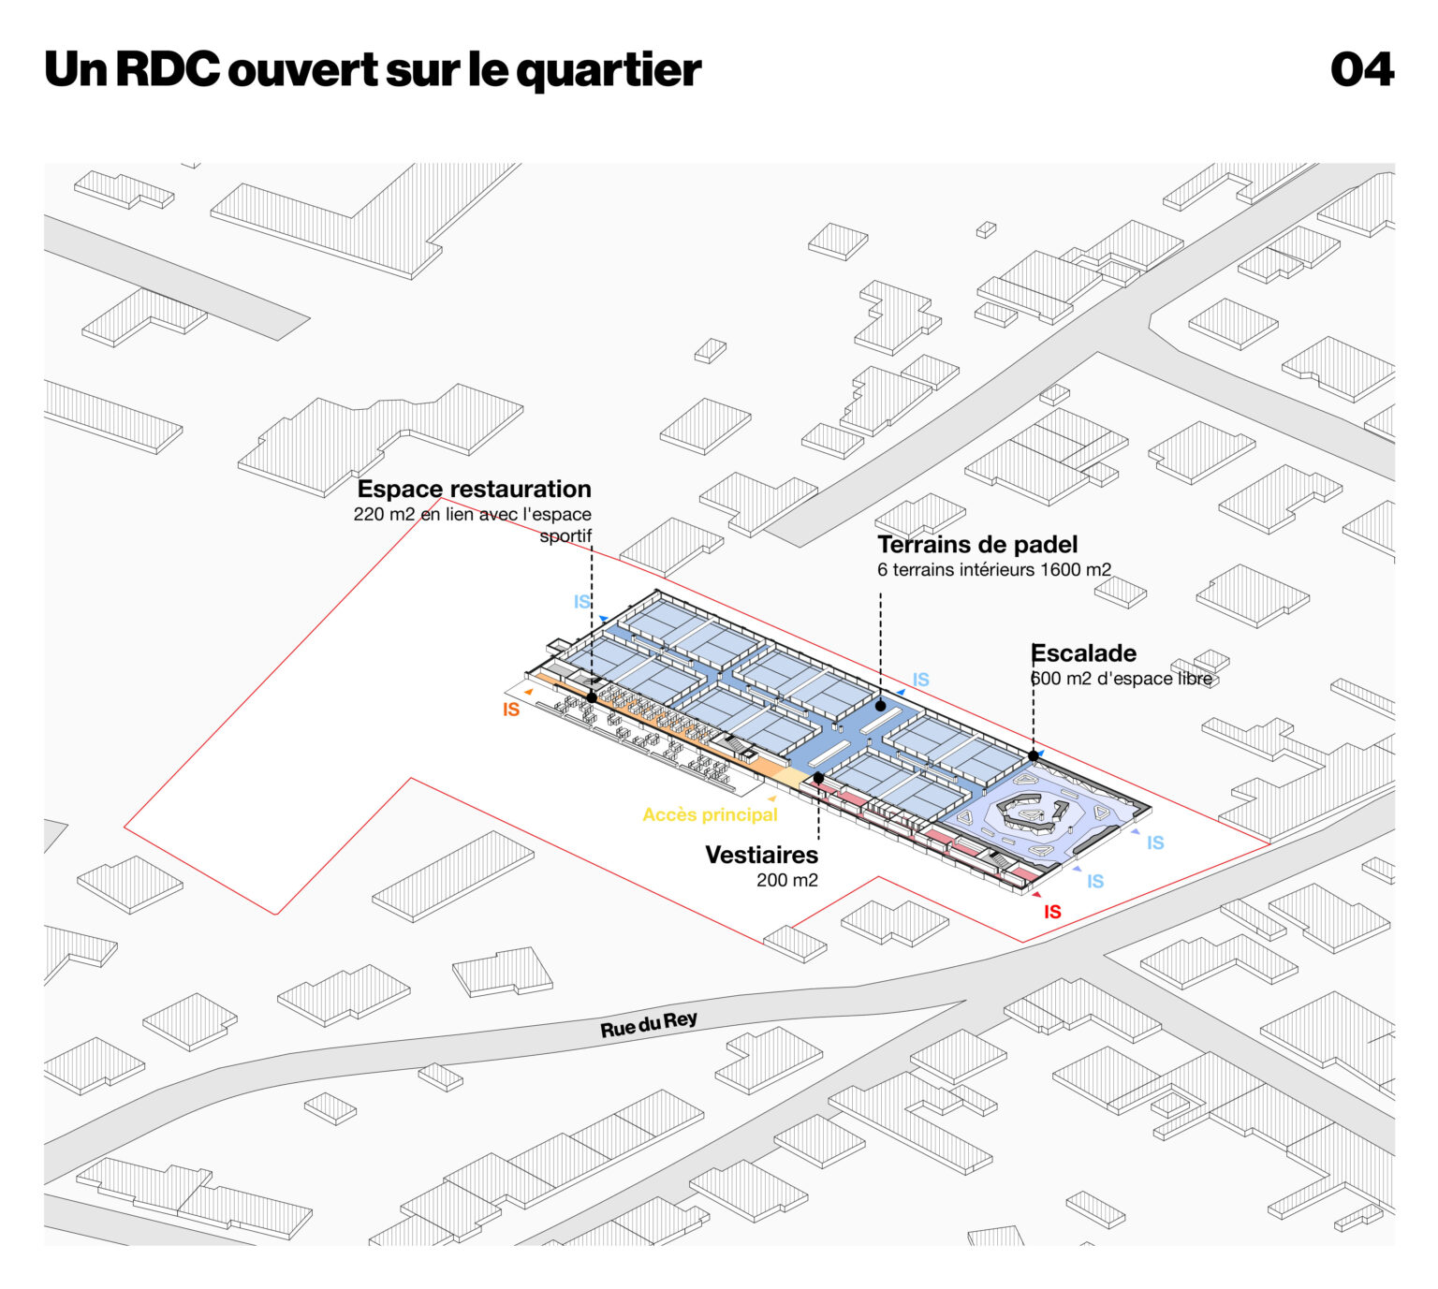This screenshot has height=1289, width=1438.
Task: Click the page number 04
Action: (x=1361, y=69)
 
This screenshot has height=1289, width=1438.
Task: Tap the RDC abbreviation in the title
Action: (x=168, y=69)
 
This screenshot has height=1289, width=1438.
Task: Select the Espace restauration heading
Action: (x=474, y=489)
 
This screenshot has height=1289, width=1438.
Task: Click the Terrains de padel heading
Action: (x=977, y=545)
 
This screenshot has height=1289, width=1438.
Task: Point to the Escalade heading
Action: (x=1083, y=653)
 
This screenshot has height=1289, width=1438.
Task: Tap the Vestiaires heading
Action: (x=761, y=855)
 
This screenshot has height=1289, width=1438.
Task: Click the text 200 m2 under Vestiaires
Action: (x=786, y=880)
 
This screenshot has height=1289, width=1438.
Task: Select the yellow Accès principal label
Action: (x=710, y=814)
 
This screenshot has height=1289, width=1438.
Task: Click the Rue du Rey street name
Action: (x=649, y=1024)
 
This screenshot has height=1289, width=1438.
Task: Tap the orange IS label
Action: (x=511, y=710)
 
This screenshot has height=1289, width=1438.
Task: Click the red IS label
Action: (x=1052, y=912)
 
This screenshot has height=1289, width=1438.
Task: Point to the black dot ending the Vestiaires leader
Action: (x=818, y=778)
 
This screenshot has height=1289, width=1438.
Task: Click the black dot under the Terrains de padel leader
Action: (x=880, y=706)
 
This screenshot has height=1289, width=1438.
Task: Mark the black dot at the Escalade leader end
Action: (x=1033, y=755)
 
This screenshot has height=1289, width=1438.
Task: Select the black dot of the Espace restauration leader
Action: (x=592, y=697)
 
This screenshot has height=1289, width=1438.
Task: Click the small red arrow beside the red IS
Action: (x=1036, y=895)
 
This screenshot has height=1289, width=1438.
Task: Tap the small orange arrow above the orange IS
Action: (x=529, y=692)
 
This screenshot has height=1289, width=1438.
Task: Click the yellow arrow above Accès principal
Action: (x=771, y=798)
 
